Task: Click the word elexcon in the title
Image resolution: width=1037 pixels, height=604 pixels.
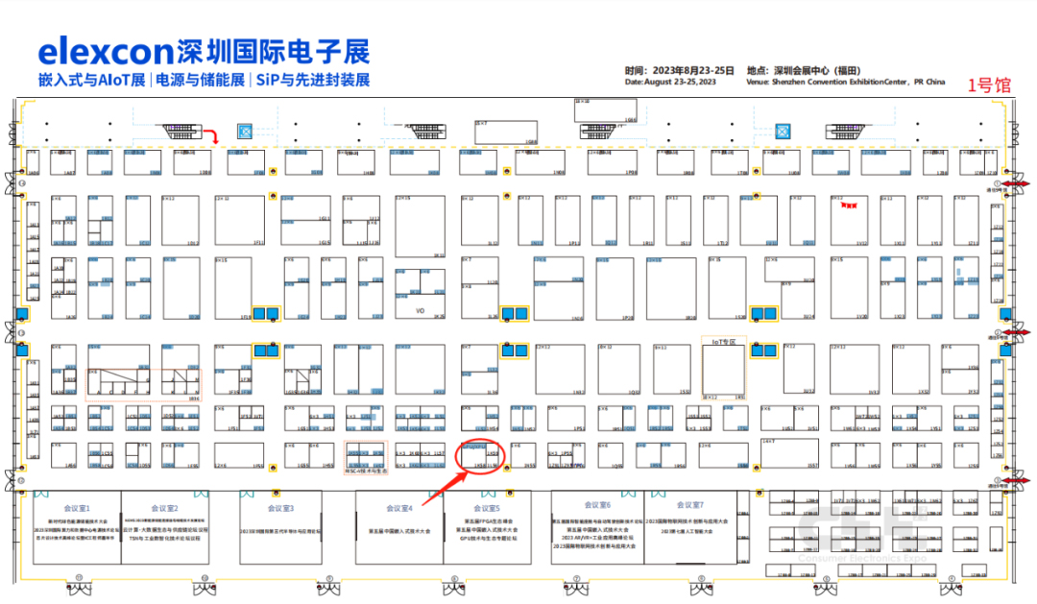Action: coord(104,50)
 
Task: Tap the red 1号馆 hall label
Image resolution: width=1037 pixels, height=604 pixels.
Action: coord(988,85)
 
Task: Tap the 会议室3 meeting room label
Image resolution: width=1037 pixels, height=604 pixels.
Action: coord(280,508)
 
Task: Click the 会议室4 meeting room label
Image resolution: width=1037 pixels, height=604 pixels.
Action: coord(398,508)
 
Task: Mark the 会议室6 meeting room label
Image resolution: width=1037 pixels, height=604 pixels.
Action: coord(597,505)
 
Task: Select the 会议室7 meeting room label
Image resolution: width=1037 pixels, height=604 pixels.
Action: coord(690,505)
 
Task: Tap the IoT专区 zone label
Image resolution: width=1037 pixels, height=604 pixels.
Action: coord(729,341)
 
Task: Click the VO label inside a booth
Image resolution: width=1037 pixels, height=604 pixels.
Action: coord(420,311)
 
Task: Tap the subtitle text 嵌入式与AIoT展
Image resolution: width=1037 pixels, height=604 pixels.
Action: coord(91,80)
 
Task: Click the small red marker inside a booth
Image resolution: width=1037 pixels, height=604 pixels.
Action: coord(848,205)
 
